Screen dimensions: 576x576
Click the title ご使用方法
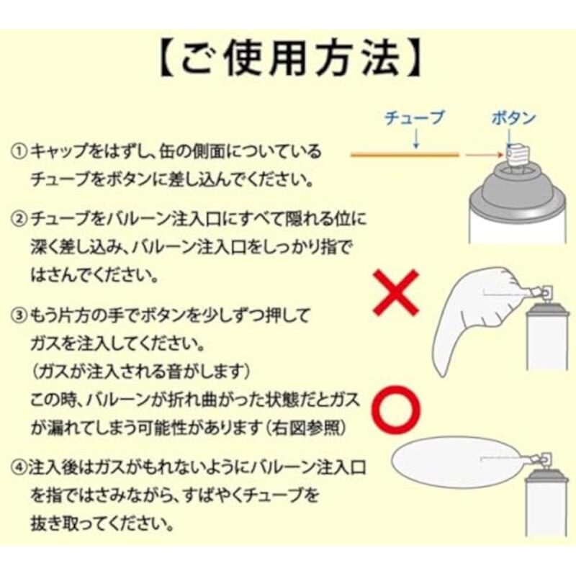(289, 60)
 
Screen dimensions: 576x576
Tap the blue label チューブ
(415, 117)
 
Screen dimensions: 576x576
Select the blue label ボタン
(514, 118)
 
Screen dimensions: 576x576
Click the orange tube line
(405, 155)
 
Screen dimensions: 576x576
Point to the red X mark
(395, 292)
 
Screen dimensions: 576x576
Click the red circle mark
(397, 409)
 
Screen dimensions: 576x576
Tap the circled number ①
(19, 151)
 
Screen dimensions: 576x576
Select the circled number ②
(19, 220)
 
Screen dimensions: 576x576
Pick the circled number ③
(19, 315)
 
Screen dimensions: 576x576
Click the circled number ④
(19, 467)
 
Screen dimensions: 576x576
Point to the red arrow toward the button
(484, 155)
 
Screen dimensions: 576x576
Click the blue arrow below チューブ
(415, 140)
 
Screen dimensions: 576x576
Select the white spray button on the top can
(518, 156)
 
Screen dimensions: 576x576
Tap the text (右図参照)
(305, 428)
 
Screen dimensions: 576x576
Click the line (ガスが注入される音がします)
(141, 372)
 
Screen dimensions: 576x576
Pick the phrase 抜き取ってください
(102, 524)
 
